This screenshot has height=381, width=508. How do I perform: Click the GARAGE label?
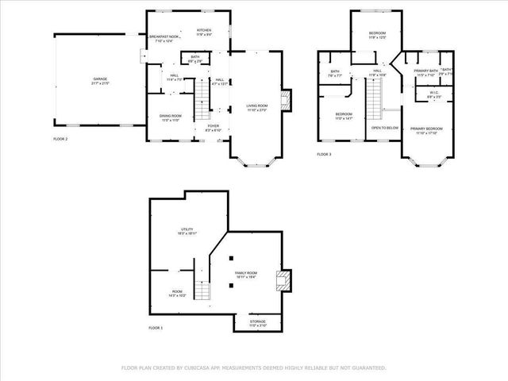[x=100, y=80]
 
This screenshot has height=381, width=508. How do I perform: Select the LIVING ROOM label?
[x=256, y=108]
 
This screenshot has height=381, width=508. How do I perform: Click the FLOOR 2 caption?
[x=61, y=138]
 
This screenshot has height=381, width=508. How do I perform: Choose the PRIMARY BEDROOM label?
[x=425, y=129]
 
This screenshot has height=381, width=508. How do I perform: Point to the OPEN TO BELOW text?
[x=384, y=127]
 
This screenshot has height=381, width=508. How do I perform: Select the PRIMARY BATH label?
[x=425, y=73]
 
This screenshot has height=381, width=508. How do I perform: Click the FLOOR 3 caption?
[x=324, y=154]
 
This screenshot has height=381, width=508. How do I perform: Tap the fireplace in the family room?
[x=280, y=279]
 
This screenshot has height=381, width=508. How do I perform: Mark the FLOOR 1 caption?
[x=156, y=327]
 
